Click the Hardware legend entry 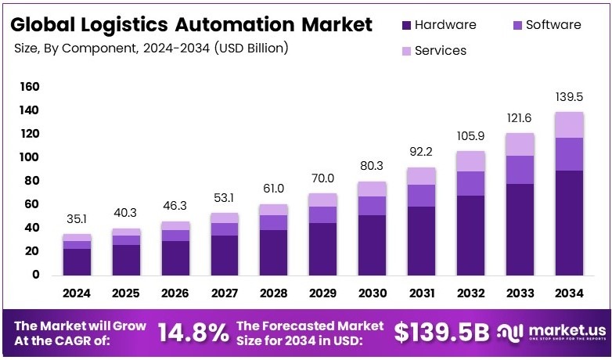coord(437,25)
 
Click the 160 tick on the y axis coord(29,87)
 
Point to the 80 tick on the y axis coord(32,181)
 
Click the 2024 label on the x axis coord(77,294)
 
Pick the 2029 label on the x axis coord(322,294)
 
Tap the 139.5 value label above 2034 coord(568,97)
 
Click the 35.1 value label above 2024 coord(77,221)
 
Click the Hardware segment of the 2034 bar coord(568,222)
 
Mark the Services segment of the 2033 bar coord(519,144)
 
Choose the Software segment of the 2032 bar coord(470,183)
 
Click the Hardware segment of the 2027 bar coord(225,255)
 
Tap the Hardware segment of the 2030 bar coord(372,245)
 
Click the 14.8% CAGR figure coord(193,333)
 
